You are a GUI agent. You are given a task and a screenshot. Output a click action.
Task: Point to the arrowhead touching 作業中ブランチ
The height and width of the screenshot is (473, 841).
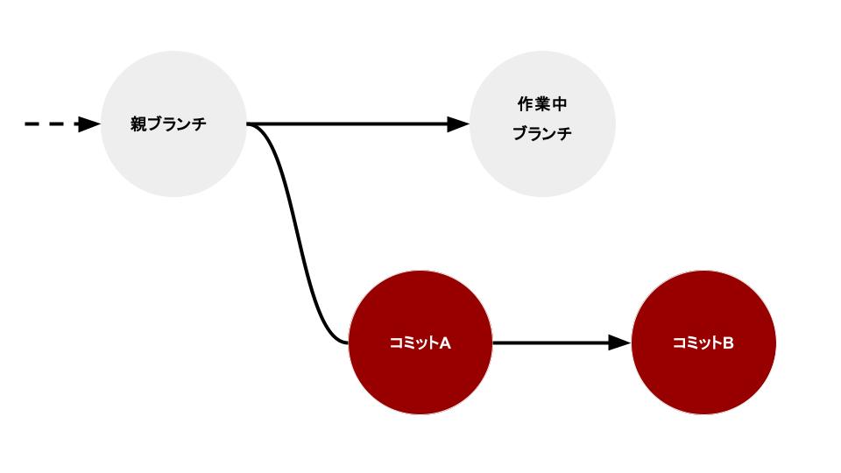(x=459, y=124)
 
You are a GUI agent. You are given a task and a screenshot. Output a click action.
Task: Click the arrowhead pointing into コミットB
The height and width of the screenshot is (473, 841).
(x=619, y=342)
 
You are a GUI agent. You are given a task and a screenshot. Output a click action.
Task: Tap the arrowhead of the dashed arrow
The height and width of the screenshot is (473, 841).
(x=89, y=124)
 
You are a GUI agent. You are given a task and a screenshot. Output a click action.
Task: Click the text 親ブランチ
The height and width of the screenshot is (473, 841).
(x=168, y=124)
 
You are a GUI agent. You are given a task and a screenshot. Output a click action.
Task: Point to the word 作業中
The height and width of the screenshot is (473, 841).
(x=542, y=104)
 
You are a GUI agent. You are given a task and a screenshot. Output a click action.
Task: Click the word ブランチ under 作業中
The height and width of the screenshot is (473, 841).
(x=542, y=134)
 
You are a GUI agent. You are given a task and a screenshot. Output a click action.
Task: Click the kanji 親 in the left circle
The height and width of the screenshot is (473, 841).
(x=138, y=124)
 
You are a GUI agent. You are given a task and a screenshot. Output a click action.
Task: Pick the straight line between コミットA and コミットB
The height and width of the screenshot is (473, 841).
(x=552, y=342)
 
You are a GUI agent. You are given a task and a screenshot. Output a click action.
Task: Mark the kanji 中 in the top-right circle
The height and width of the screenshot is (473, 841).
(x=560, y=104)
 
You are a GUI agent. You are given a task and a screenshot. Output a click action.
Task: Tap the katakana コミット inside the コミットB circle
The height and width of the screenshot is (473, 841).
(x=696, y=342)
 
